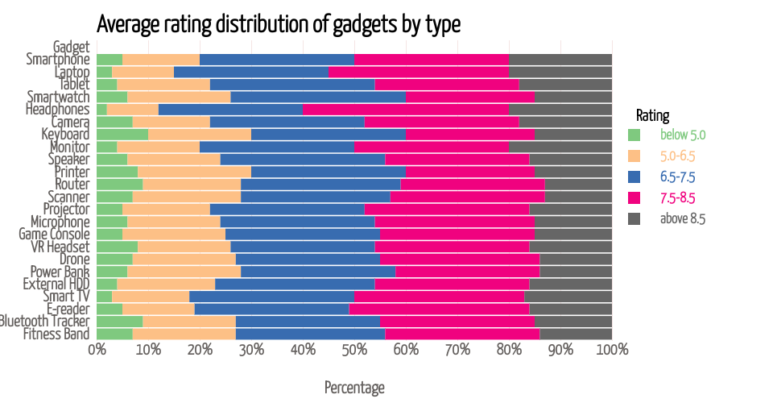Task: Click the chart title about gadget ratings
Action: click(x=279, y=24)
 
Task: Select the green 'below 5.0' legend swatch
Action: click(x=635, y=135)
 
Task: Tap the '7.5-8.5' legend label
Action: click(x=677, y=197)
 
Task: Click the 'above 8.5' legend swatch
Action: click(x=635, y=218)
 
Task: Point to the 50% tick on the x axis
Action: click(x=354, y=349)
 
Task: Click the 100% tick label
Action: click(x=612, y=349)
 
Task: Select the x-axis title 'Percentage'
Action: click(x=354, y=388)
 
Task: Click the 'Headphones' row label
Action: click(x=57, y=109)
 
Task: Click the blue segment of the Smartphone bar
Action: click(x=277, y=59)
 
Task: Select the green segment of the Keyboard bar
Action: click(x=122, y=134)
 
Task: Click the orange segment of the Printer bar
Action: click(x=195, y=172)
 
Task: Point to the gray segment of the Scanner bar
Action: click(x=578, y=197)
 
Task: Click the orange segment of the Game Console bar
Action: click(x=174, y=234)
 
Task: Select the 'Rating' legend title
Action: click(x=652, y=115)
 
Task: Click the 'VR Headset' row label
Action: click(x=61, y=247)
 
